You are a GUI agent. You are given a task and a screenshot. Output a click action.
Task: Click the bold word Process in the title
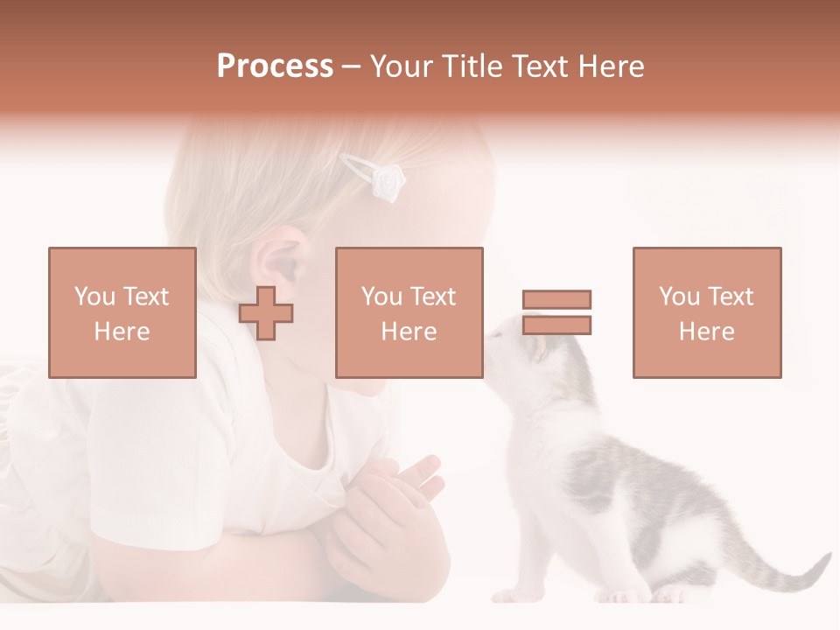[275, 66]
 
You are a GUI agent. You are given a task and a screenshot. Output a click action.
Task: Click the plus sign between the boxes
[266, 313]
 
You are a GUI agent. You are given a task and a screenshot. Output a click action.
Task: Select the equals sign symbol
[556, 312]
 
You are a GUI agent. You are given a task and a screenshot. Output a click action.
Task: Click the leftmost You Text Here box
[122, 312]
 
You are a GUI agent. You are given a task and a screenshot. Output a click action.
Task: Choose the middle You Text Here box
[409, 312]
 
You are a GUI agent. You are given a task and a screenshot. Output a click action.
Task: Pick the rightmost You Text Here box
[706, 312]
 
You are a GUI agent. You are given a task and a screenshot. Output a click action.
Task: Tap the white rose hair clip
[386, 180]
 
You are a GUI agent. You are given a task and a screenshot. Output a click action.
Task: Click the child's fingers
[420, 477]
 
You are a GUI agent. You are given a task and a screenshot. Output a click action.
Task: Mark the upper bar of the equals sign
[556, 299]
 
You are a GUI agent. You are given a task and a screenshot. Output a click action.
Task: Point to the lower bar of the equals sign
[556, 325]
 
